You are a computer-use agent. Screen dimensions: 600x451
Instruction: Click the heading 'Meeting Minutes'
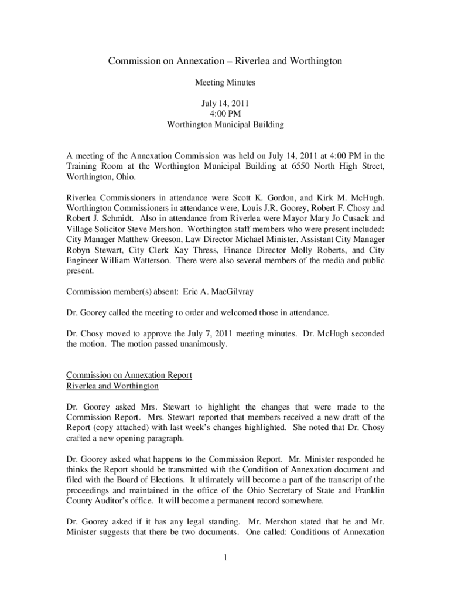coord(225,83)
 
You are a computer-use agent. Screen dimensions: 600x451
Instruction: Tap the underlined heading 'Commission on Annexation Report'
coord(129,375)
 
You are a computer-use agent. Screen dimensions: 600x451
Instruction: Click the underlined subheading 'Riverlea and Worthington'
coord(112,386)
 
